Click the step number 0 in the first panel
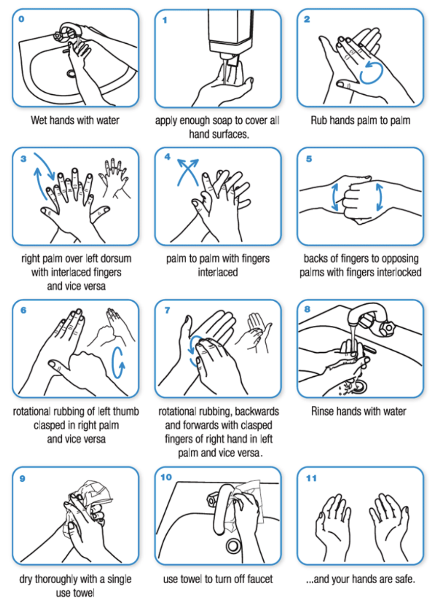21,19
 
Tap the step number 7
167,310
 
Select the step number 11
311,478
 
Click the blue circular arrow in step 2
371,72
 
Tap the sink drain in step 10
233,546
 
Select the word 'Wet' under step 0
39,120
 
